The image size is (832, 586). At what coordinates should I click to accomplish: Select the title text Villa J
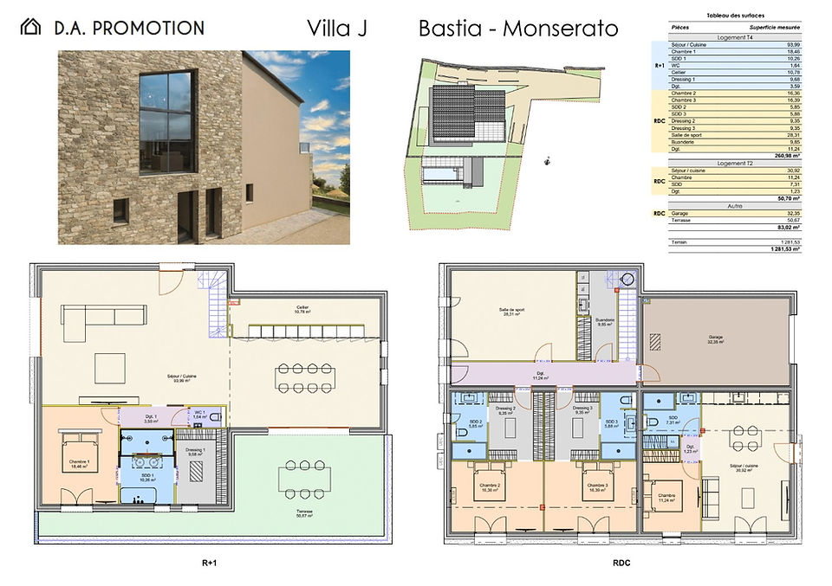pos(337,28)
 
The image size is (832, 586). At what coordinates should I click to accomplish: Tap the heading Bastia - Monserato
pos(518,28)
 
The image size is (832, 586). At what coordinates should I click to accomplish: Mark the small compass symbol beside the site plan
pos(547,159)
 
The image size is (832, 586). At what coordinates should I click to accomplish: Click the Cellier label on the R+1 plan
pos(301,308)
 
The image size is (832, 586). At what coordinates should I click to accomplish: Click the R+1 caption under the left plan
pos(209,562)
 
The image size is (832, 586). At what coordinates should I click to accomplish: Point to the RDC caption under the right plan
pos(620,562)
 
